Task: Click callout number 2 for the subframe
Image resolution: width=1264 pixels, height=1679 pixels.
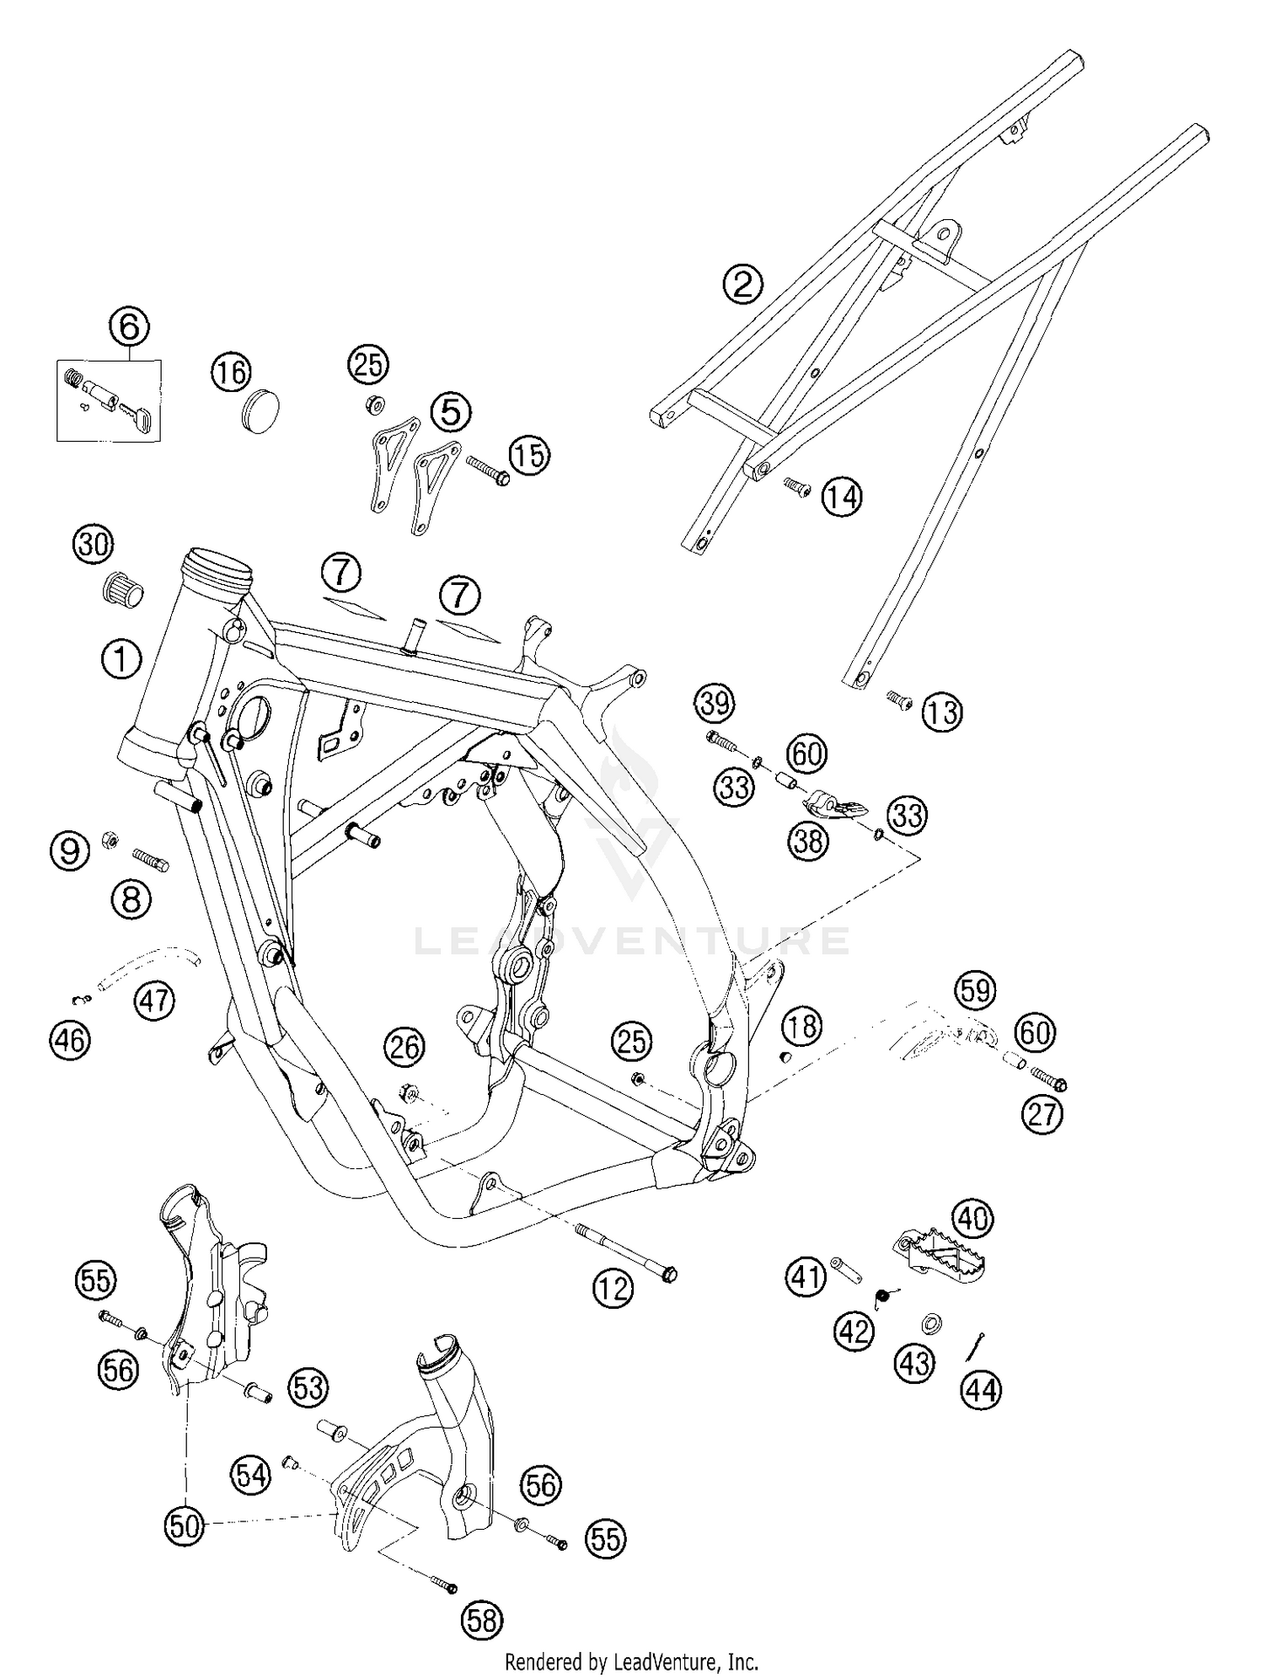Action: pos(742,284)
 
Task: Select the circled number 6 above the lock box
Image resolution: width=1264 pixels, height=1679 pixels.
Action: pos(129,327)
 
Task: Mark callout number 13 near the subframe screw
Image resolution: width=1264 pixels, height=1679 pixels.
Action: pos(942,713)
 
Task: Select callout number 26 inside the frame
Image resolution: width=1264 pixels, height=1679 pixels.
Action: pos(404,1047)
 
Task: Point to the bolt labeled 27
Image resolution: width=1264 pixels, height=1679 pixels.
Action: pos(1048,1079)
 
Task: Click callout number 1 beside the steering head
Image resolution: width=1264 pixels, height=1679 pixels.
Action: pos(121,658)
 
